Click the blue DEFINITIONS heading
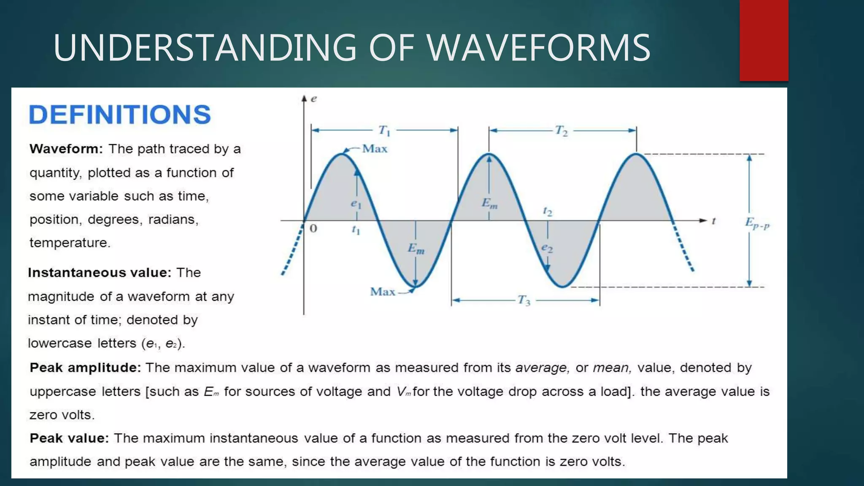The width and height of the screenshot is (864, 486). (x=119, y=115)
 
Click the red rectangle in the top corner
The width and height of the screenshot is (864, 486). (x=764, y=40)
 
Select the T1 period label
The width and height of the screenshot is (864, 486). (x=384, y=130)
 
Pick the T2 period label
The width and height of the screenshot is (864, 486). (x=562, y=131)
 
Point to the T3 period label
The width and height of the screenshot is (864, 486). (x=524, y=300)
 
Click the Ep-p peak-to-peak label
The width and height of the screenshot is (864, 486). (x=757, y=223)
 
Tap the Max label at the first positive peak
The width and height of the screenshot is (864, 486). (x=375, y=149)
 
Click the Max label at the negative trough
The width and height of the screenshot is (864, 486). (x=382, y=292)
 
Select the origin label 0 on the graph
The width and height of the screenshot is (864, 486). (x=313, y=229)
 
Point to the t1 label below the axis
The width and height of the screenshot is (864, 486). (x=356, y=230)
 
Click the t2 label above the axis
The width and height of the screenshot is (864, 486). (x=547, y=211)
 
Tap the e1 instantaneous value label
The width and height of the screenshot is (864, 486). (x=356, y=204)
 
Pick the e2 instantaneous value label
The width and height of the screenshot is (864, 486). (x=547, y=248)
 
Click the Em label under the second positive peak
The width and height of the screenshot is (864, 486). (x=490, y=203)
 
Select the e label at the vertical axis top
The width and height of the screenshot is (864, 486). (x=314, y=99)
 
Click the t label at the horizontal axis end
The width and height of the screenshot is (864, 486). (x=714, y=221)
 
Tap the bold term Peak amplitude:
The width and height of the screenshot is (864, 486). (x=85, y=368)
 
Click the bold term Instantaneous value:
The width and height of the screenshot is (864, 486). (x=100, y=273)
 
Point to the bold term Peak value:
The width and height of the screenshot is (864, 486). (x=70, y=438)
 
